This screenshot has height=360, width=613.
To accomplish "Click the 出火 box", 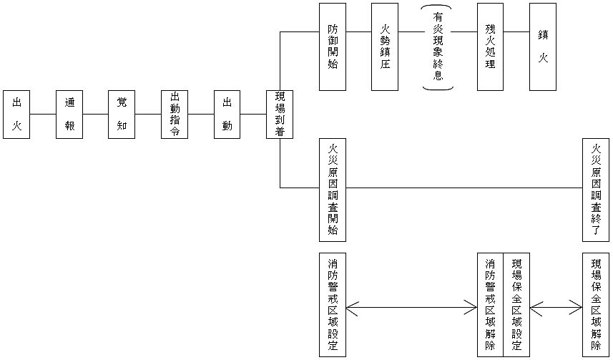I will (16, 115).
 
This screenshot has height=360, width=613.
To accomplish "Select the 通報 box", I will (69, 115).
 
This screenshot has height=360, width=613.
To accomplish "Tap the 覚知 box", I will (122, 115).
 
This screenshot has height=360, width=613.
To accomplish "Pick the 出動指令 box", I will (175, 115).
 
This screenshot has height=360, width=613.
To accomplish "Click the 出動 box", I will (227, 115).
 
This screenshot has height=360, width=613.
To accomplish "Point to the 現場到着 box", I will (280, 115).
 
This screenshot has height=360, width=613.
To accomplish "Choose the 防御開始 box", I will (333, 47).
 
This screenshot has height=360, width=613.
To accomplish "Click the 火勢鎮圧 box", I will (385, 47).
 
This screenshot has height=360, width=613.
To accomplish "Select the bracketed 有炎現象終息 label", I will (438, 47).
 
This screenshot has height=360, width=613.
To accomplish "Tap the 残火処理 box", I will (490, 47).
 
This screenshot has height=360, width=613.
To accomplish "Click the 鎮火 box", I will (543, 47).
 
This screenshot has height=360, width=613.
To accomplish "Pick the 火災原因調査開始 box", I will (333, 190).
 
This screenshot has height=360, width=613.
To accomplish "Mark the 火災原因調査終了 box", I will (596, 190).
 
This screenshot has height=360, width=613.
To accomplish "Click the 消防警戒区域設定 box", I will (333, 304).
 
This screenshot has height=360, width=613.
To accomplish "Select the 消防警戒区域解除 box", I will (490, 304).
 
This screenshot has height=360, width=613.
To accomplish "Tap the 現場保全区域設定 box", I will (516, 304).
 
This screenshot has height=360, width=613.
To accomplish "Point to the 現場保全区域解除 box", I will (596, 304).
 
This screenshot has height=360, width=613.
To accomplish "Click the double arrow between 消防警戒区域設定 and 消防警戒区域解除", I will (411, 308).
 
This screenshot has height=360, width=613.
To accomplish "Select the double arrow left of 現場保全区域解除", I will (556, 308).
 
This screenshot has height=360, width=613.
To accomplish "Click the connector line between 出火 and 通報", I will (43, 115).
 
